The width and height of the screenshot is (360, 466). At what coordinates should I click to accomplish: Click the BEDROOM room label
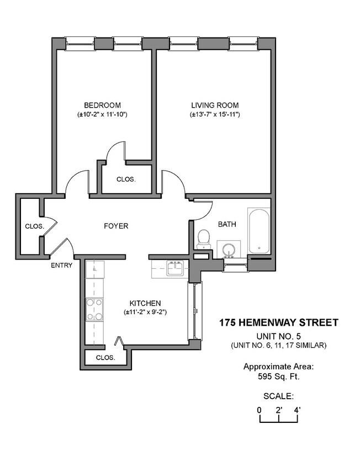pyautogui.click(x=102, y=105)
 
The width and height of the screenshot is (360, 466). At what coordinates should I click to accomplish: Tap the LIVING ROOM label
pyautogui.click(x=214, y=105)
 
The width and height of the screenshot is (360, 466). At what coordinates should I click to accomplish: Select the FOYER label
pyautogui.click(x=116, y=226)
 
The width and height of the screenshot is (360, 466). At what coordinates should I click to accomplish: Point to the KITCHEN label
pyautogui.click(x=145, y=303)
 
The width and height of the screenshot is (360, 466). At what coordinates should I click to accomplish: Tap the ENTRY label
pyautogui.click(x=61, y=265)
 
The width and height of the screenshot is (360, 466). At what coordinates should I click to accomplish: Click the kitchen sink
pyautogui.click(x=176, y=268)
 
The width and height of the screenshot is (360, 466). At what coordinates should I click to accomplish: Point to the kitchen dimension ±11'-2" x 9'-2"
pyautogui.click(x=145, y=312)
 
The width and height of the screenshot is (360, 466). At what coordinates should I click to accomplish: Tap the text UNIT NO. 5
pyautogui.click(x=278, y=336)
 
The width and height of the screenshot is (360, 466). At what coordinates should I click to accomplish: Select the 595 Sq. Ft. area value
pyautogui.click(x=278, y=377)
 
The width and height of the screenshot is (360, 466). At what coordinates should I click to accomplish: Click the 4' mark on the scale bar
pyautogui.click(x=297, y=410)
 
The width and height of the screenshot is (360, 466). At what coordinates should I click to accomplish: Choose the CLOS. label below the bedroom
pyautogui.click(x=126, y=179)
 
